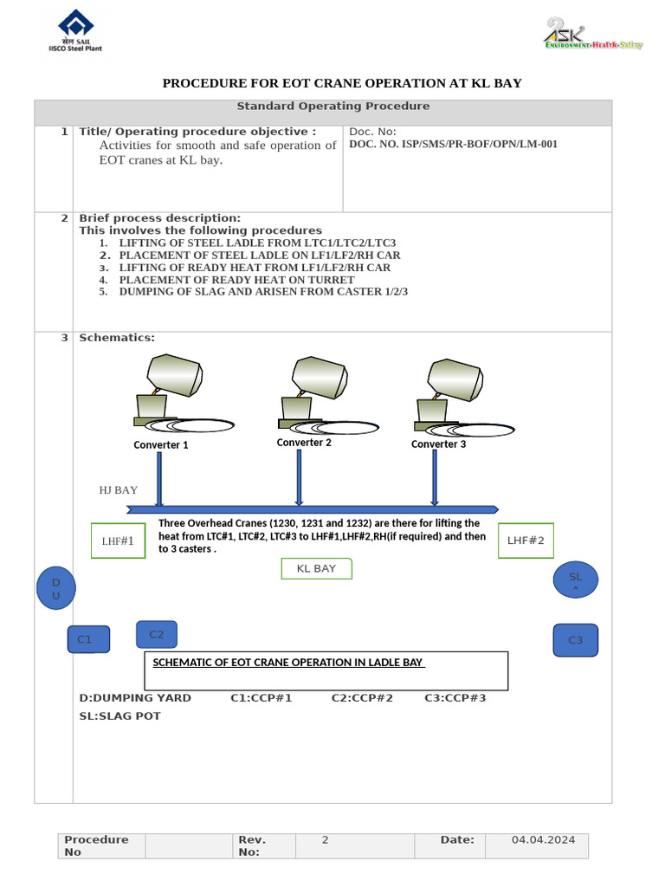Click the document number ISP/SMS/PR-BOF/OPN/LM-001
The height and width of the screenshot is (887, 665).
click(453, 145)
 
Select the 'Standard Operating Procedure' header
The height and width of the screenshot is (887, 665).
click(333, 107)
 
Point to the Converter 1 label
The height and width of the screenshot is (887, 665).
click(161, 445)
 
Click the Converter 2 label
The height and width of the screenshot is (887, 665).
click(304, 443)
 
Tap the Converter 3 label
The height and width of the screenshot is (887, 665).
click(438, 444)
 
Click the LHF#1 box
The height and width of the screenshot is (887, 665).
click(119, 541)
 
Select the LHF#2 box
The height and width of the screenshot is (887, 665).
click(526, 541)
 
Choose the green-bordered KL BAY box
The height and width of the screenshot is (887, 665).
click(316, 569)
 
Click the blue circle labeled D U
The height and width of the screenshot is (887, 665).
click(56, 588)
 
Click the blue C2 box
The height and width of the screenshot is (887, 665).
click(157, 635)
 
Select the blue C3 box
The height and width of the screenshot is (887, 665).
click(575, 640)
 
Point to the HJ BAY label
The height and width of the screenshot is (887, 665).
click(119, 490)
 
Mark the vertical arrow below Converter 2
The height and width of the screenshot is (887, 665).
click(299, 476)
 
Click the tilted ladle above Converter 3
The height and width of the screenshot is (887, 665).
click(455, 379)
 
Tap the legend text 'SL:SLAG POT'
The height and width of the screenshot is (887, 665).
click(119, 716)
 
